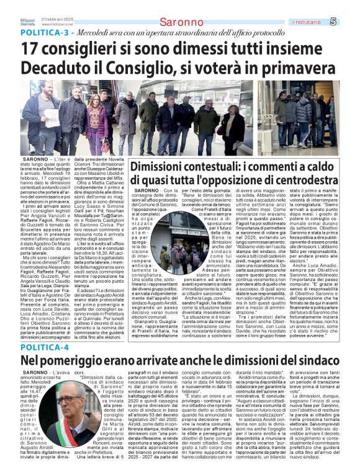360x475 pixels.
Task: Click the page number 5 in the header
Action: (351, 22)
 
